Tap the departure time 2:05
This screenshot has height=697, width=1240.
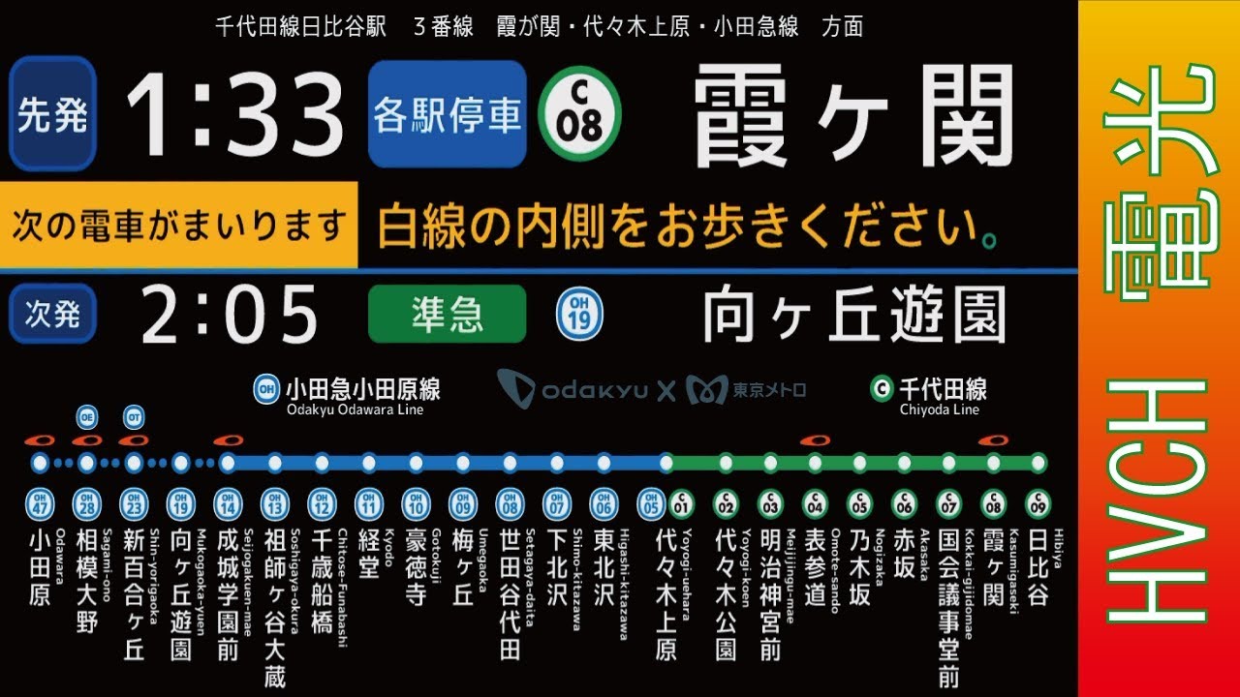pyautogui.click(x=230, y=314)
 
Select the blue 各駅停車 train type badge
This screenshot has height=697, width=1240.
pyautogui.click(x=448, y=114)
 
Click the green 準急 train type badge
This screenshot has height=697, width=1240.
pyautogui.click(x=448, y=314)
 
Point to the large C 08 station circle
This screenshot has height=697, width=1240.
pyautogui.click(x=579, y=114)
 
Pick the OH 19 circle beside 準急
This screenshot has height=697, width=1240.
pyautogui.click(x=579, y=314)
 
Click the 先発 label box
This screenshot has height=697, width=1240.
pyautogui.click(x=52, y=114)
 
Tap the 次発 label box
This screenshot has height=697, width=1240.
pyautogui.click(x=52, y=314)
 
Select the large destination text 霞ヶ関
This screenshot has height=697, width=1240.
pyautogui.click(x=852, y=116)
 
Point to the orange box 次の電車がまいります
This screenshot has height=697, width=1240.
pyautogui.click(x=179, y=226)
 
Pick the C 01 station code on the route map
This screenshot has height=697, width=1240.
pyautogui.click(x=681, y=503)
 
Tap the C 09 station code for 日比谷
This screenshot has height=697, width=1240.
pyautogui.click(x=1038, y=503)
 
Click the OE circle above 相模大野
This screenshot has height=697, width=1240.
pyautogui.click(x=86, y=417)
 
